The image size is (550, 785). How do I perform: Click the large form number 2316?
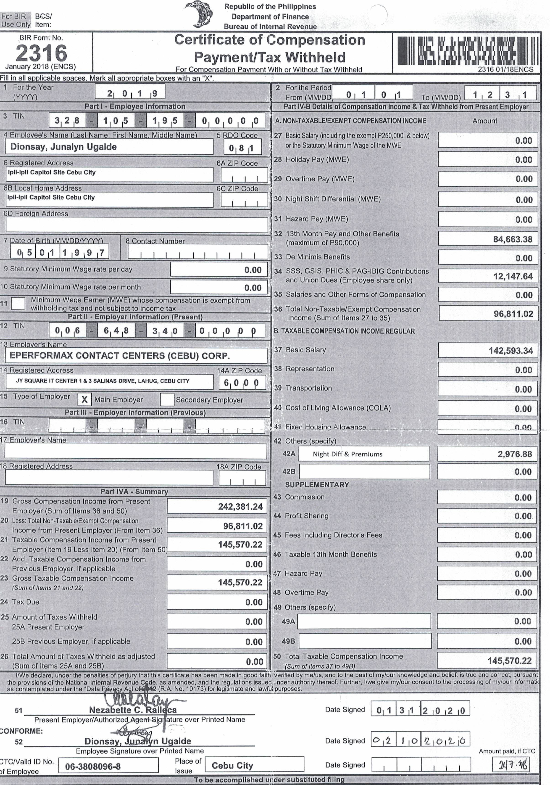click(x=41, y=53)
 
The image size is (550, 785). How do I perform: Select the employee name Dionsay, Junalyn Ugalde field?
click(x=109, y=147)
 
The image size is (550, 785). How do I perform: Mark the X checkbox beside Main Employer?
click(x=85, y=399)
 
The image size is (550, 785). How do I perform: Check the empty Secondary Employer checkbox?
click(x=167, y=399)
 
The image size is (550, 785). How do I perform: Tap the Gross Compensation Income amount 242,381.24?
click(x=240, y=506)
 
